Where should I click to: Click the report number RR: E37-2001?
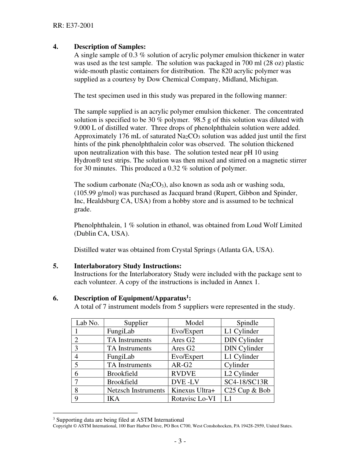pos(73,26)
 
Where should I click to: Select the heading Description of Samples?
pos(110,47)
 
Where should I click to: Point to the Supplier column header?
pos(136,323)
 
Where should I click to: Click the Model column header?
pos(194,323)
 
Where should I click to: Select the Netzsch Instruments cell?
pos(136,390)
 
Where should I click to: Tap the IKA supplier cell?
pos(113,399)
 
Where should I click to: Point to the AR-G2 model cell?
pos(182,365)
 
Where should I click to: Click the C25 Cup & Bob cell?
pos(247,390)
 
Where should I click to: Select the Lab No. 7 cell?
pos(77,382)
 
